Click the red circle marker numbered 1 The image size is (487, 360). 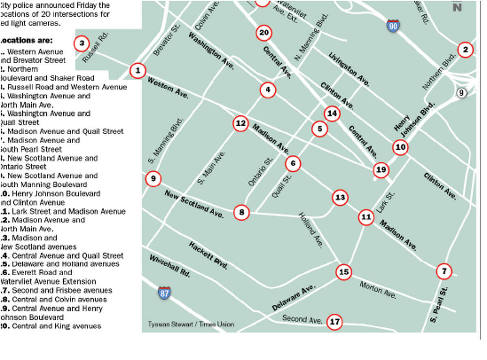[x=138, y=71]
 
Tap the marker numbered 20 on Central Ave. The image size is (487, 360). [x=264, y=33]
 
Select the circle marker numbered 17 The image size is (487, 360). [x=334, y=322]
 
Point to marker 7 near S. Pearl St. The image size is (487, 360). [x=444, y=271]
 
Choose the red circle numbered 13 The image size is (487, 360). [x=340, y=198]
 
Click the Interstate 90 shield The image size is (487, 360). [x=392, y=26]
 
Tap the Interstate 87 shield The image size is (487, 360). [x=164, y=292]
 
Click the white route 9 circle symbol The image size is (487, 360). [x=461, y=93]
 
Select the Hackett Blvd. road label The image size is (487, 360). [x=208, y=255]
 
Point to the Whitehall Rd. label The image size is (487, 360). [x=170, y=266]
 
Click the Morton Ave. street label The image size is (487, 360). [x=377, y=290]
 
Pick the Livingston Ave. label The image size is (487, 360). [x=349, y=69]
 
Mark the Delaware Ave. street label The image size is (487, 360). [x=293, y=298]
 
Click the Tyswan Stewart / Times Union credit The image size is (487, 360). [x=191, y=324]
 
